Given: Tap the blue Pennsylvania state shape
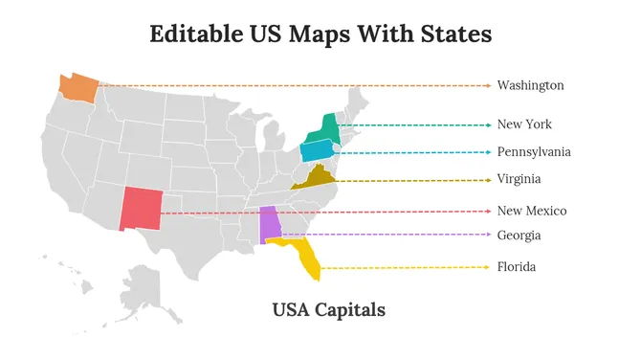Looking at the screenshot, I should click(x=316, y=150).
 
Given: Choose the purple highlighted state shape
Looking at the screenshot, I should click(x=272, y=225).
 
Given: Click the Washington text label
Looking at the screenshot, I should click(x=530, y=85).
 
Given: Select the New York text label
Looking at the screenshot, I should click(x=524, y=124).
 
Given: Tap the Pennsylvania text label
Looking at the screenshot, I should click(x=534, y=152).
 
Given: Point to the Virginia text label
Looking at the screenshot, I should click(x=519, y=179).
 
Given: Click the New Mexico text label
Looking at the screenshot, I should click(x=532, y=211).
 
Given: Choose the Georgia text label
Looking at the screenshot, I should click(x=519, y=235).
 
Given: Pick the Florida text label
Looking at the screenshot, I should click(x=517, y=266).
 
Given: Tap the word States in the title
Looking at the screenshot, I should click(x=457, y=34).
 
